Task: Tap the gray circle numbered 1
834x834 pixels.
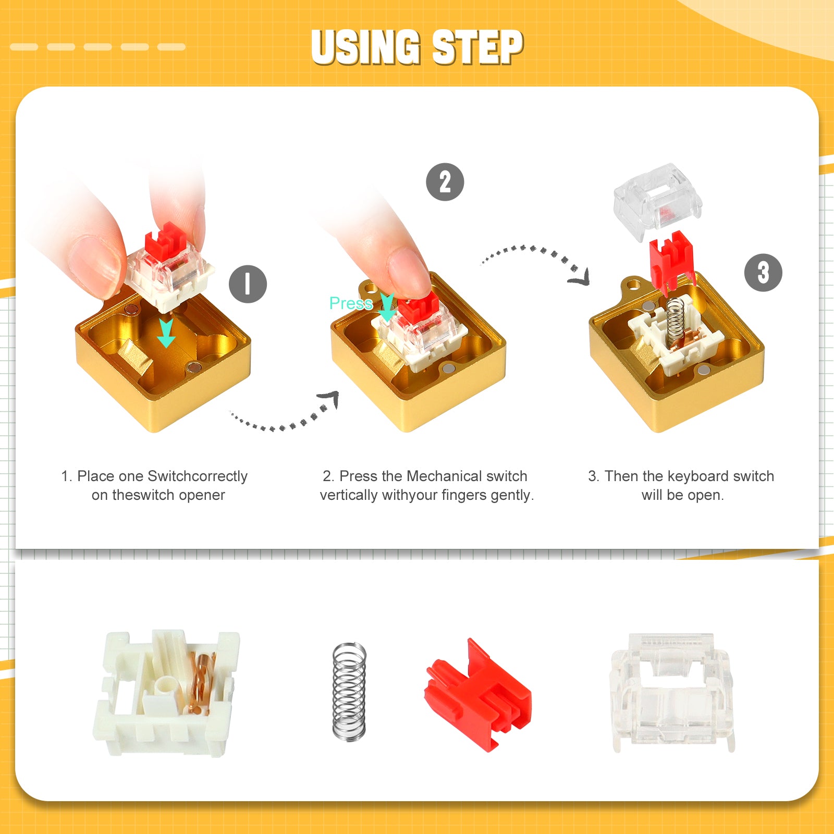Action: pyautogui.click(x=248, y=284)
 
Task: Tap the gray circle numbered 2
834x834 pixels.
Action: pyautogui.click(x=445, y=182)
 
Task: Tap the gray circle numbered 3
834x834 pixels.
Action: pyautogui.click(x=763, y=273)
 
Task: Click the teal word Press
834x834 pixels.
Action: pyautogui.click(x=351, y=303)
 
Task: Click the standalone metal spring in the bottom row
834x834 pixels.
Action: pyautogui.click(x=349, y=691)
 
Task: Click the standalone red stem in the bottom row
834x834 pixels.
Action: pyautogui.click(x=479, y=696)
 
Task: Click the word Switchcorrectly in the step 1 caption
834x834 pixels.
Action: pyautogui.click(x=198, y=476)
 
